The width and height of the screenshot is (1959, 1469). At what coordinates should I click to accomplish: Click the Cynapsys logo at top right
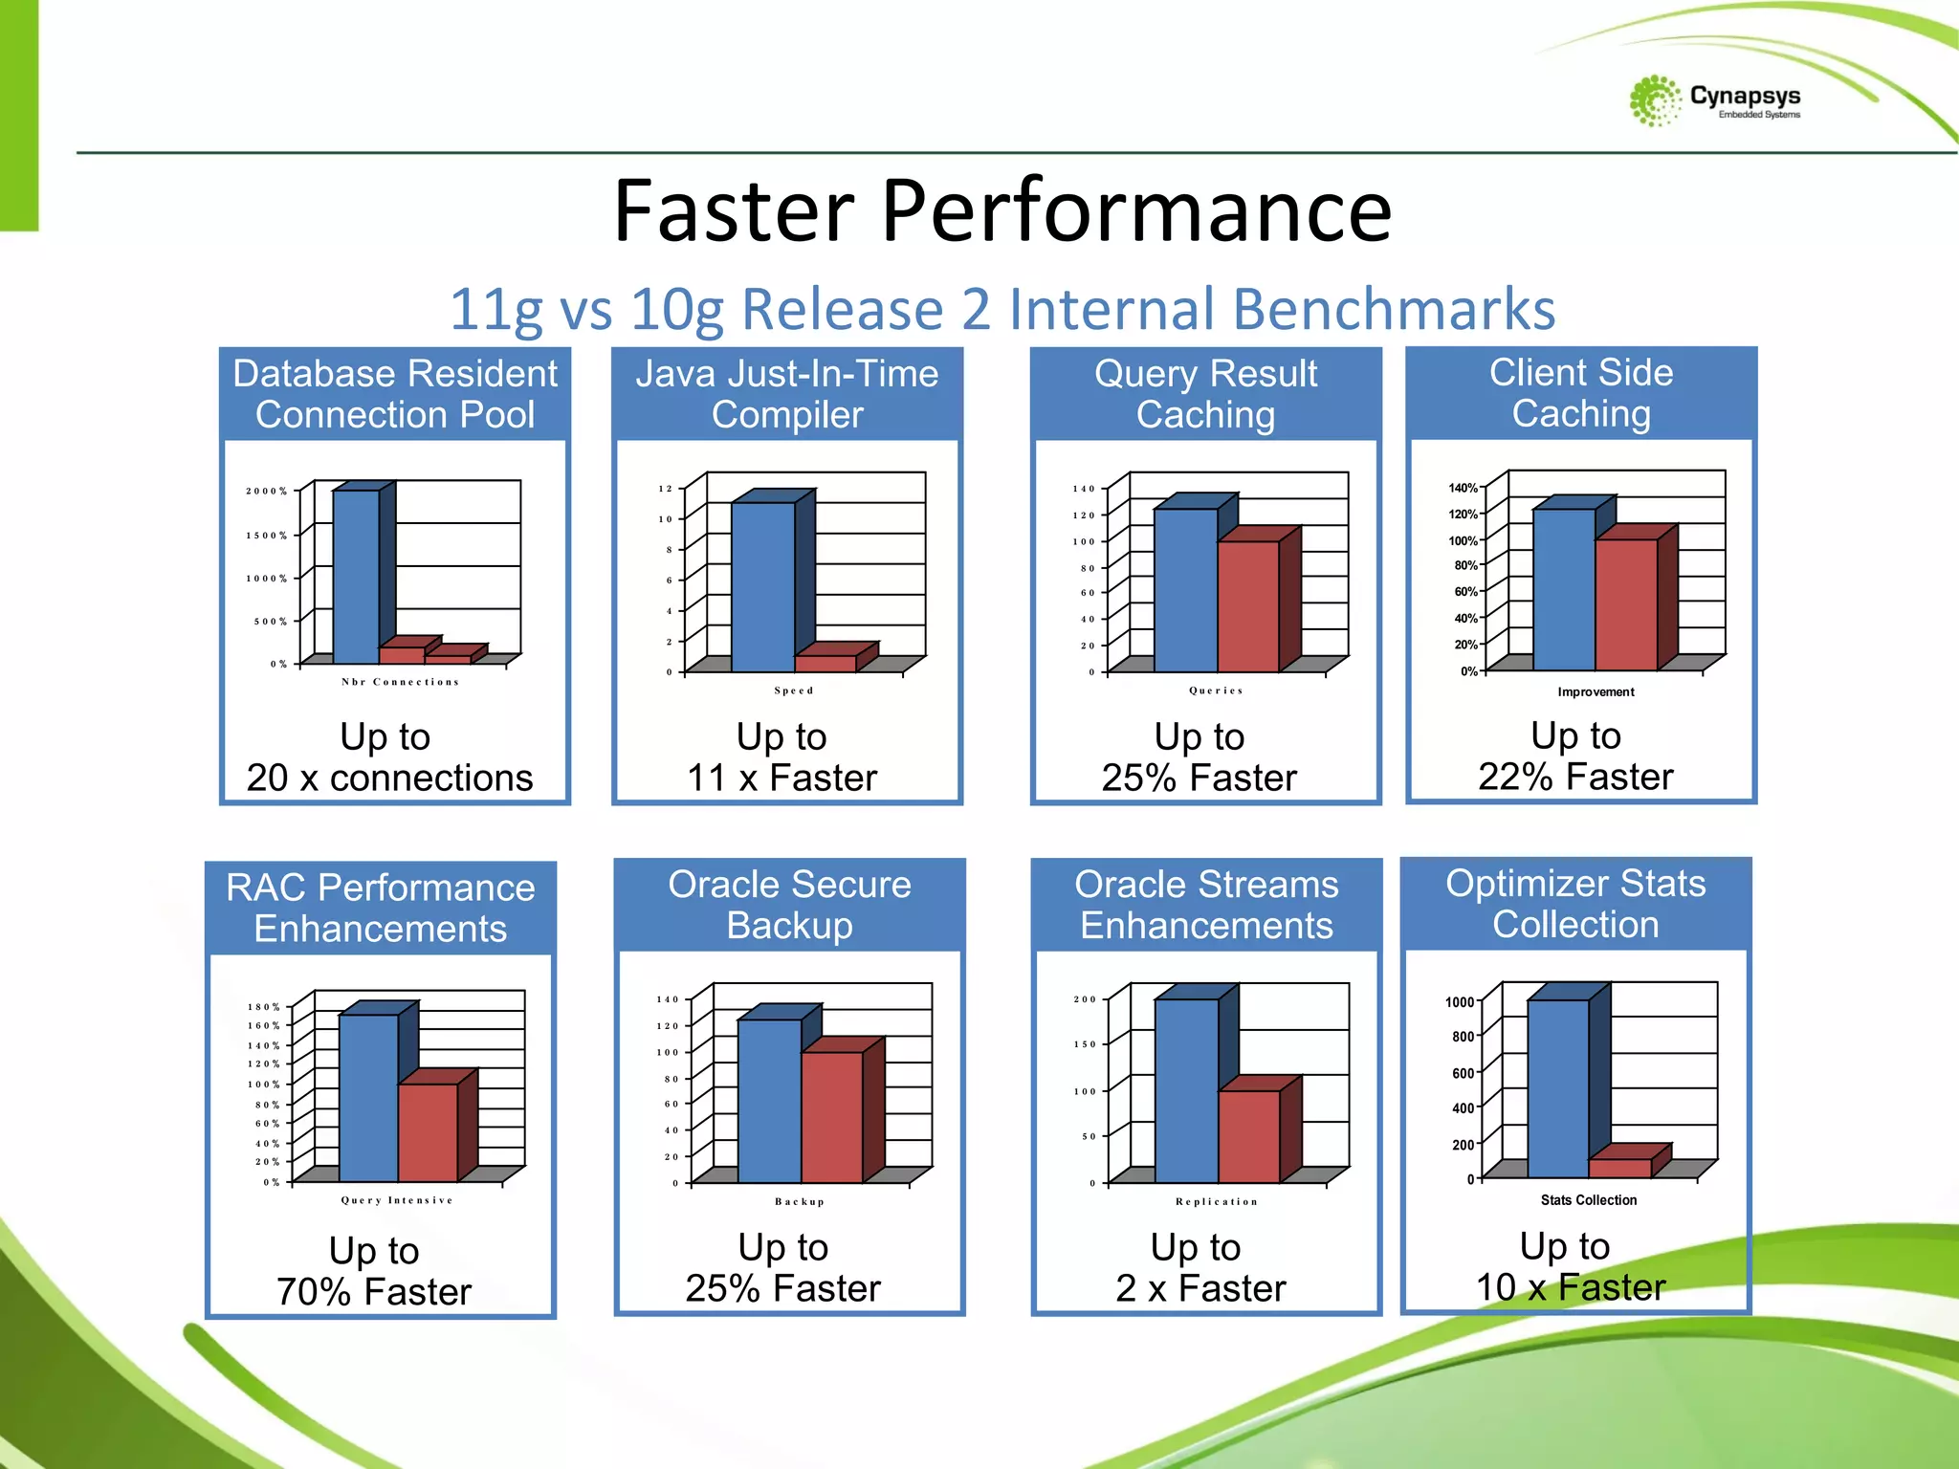1714,100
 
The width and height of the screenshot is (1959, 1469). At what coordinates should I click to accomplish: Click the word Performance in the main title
1135,211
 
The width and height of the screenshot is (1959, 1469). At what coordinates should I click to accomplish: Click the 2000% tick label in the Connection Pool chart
267,492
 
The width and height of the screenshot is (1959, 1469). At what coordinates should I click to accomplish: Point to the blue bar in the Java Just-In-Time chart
762,586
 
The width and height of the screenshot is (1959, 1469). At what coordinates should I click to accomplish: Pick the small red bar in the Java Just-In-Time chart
825,664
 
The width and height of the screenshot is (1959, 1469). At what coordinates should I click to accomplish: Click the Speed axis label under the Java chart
794,691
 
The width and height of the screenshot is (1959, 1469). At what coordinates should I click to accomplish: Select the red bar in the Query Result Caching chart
1248,606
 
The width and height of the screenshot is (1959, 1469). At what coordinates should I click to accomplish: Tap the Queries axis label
1216,691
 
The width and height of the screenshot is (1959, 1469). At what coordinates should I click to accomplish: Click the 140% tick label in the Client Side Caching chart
1463,489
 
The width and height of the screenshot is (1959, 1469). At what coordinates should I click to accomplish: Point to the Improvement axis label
1596,692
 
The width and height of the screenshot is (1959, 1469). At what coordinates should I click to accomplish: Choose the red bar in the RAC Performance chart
428,1132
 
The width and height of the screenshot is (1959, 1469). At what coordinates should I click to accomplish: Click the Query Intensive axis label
397,1200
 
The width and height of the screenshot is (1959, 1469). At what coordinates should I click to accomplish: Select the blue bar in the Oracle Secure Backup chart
769,1101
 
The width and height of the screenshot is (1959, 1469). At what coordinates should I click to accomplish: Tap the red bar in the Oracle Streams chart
1248,1136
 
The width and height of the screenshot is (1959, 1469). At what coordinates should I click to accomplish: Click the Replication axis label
1217,1202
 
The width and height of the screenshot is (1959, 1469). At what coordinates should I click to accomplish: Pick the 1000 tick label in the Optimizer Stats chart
1460,1002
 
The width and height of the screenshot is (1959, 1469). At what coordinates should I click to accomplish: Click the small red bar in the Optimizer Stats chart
1619,1168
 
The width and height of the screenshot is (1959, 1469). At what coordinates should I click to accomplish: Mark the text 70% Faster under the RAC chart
374,1292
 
